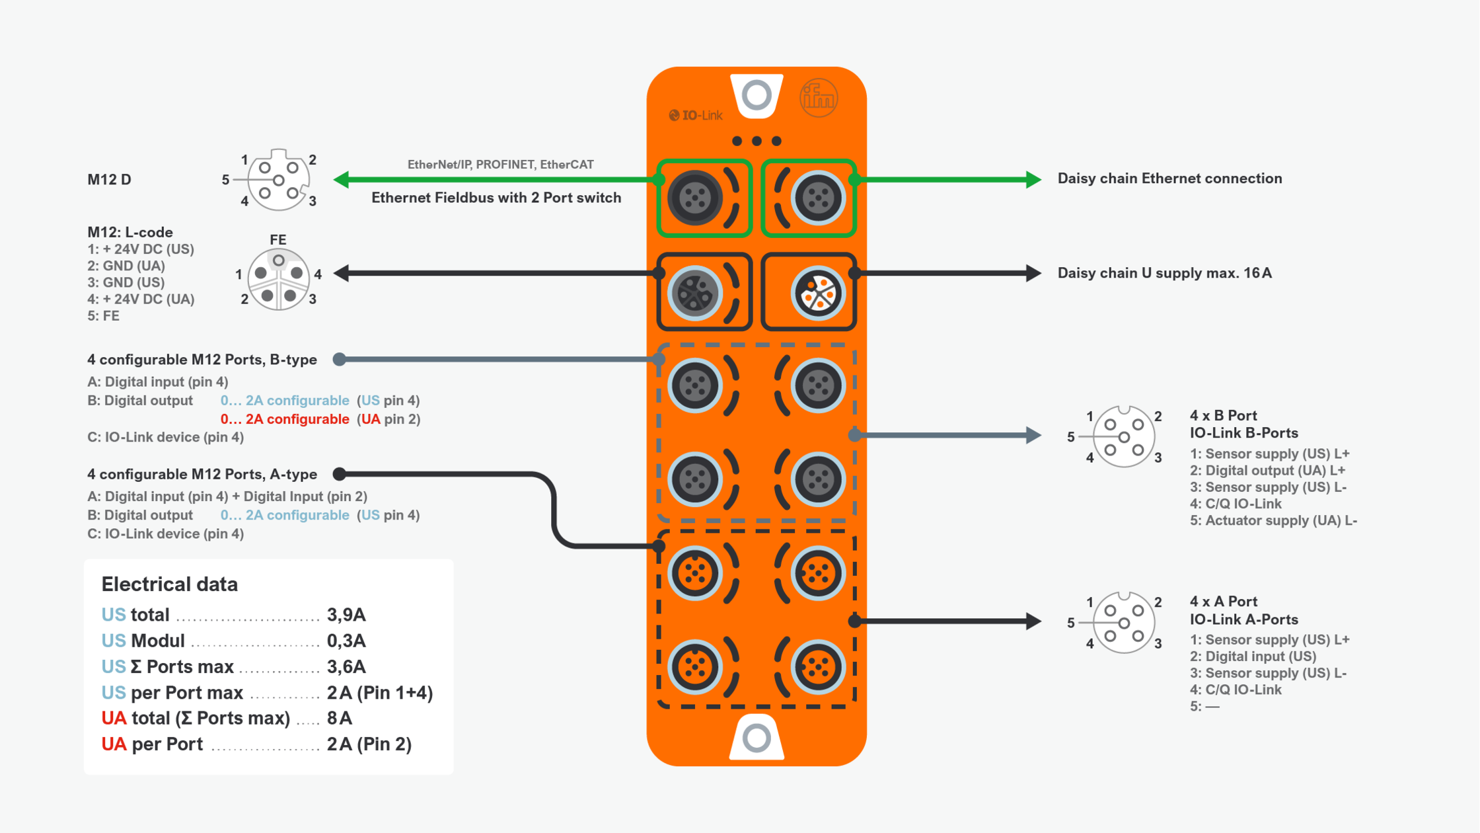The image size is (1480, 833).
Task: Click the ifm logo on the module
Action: [819, 99]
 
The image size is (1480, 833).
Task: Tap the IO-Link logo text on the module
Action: [696, 116]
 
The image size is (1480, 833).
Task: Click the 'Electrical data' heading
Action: [169, 584]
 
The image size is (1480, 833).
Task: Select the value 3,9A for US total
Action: [346, 615]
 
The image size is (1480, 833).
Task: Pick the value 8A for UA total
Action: [340, 718]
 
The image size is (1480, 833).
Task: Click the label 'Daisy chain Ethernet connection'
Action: [1169, 178]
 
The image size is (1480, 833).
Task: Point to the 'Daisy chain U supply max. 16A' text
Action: [1164, 273]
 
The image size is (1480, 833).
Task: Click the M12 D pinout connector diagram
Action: [278, 180]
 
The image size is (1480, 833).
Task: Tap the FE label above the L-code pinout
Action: [277, 239]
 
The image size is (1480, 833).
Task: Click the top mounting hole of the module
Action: [757, 95]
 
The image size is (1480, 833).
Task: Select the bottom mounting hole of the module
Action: [757, 738]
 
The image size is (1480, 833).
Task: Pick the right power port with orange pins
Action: [818, 293]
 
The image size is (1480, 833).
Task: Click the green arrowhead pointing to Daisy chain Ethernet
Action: [1033, 179]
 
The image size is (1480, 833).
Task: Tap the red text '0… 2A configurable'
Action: [285, 419]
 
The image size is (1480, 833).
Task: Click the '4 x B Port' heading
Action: [1223, 416]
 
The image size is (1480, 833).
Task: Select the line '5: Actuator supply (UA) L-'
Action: [1273, 520]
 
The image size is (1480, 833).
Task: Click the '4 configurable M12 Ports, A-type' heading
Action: [202, 474]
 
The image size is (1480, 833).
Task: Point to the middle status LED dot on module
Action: [757, 141]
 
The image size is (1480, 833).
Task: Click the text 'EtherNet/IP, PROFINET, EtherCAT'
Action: [500, 165]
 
